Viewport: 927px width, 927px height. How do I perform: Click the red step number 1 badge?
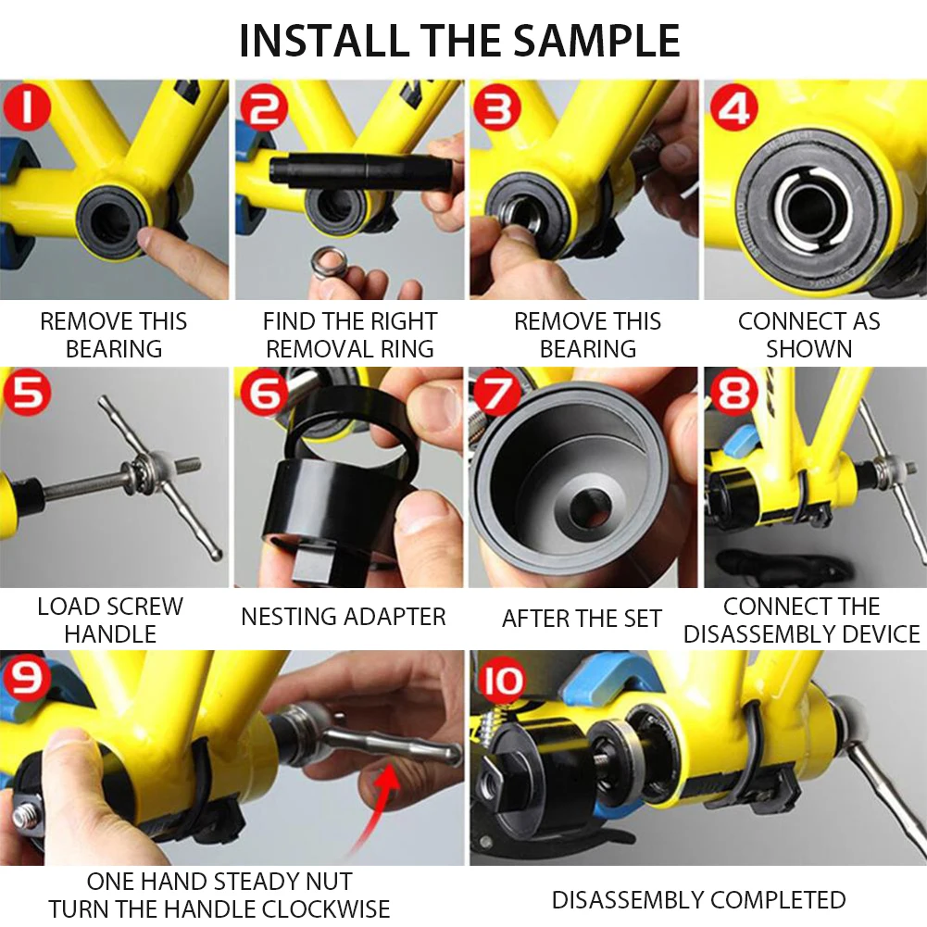pos(27,107)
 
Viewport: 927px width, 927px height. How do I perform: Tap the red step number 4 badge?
pos(733,107)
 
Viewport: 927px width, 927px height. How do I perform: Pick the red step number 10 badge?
pos(502,680)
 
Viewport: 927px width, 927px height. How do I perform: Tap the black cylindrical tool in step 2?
pos(359,170)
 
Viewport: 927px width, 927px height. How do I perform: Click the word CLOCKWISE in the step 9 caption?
pos(326,908)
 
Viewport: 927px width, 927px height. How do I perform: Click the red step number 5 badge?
pos(27,392)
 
